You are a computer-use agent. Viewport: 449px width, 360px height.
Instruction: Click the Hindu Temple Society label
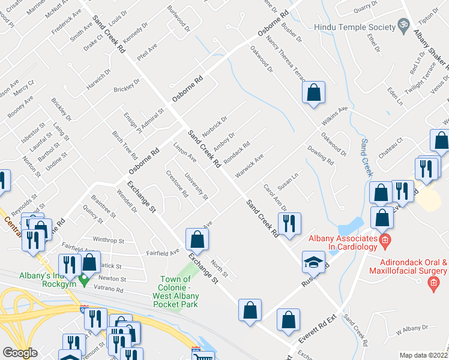355,28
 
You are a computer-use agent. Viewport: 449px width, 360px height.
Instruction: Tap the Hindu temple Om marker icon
404,26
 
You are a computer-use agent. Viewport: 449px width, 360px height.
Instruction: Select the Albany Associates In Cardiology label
342,243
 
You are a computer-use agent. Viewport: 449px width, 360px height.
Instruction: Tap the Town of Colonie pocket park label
175,293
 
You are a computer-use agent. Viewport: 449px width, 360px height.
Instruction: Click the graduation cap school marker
313,262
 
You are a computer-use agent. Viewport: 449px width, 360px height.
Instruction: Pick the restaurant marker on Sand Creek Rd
289,224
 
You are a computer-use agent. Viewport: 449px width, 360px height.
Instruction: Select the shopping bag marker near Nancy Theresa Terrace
313,93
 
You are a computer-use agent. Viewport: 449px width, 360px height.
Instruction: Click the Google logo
20,353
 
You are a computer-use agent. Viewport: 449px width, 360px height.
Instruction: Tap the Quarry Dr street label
366,6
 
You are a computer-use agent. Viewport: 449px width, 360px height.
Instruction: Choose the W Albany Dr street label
412,329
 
